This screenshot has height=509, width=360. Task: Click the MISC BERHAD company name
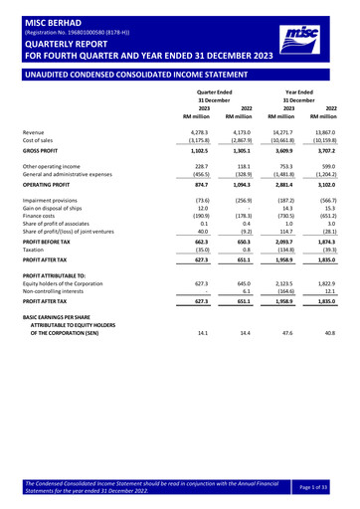(x=42, y=10)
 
